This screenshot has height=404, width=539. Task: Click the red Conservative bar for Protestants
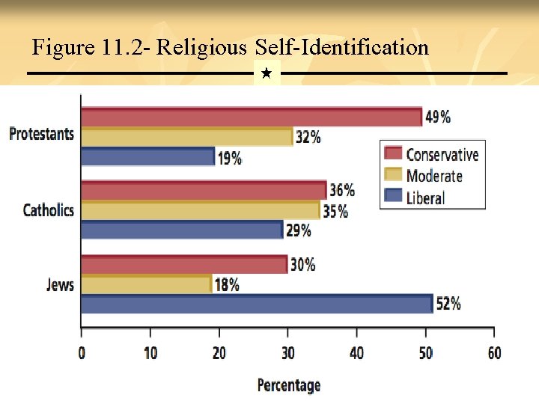(x=251, y=117)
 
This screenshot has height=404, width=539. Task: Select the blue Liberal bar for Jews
(x=257, y=304)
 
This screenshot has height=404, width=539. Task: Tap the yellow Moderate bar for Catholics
(x=200, y=210)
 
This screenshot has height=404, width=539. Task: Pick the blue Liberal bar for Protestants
(x=147, y=156)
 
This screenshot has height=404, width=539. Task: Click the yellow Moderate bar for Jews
(x=146, y=284)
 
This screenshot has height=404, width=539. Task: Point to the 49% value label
(x=438, y=117)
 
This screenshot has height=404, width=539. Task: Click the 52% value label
(x=448, y=304)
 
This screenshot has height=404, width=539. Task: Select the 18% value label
(x=227, y=284)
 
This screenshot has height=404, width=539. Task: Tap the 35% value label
(x=335, y=211)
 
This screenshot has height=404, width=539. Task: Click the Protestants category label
(x=41, y=134)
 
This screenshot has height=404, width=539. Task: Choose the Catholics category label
(x=48, y=210)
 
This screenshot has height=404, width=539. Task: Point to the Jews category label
(x=60, y=284)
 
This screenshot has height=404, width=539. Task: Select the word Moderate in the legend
(x=434, y=177)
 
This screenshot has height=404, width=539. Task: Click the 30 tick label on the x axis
(x=287, y=353)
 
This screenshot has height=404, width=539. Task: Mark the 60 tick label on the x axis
(x=493, y=353)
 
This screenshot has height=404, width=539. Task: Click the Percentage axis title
(x=288, y=385)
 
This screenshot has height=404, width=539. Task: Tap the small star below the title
(x=267, y=74)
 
